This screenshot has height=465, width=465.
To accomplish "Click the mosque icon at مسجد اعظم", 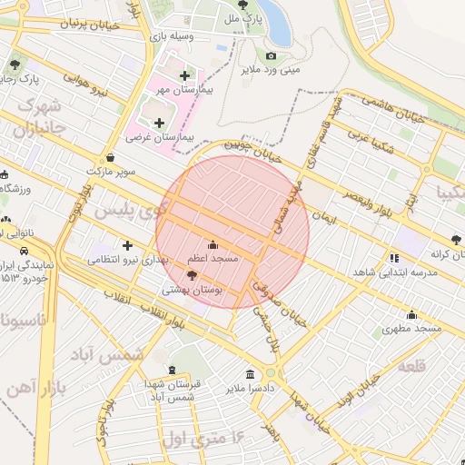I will [x=213, y=244].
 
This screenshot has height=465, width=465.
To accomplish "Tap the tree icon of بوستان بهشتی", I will [x=191, y=275].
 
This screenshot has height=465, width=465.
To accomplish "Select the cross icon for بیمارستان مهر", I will [x=185, y=76].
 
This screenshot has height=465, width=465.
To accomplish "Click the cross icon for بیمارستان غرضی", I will [x=160, y=122].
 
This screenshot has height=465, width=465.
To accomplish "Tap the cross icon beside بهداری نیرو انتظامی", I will [x=127, y=245].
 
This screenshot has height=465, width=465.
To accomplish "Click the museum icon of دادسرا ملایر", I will [x=251, y=374].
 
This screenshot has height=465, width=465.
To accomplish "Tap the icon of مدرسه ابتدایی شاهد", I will [x=393, y=258].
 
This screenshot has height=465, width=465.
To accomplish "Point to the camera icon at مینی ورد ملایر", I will [x=271, y=56].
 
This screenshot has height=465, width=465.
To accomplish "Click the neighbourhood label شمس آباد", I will [x=119, y=353].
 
